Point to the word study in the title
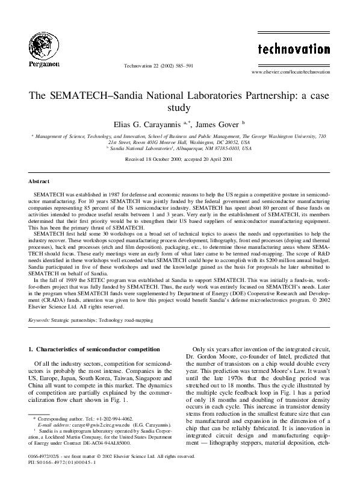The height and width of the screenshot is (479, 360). click(180, 108)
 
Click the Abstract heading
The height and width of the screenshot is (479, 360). click(39, 181)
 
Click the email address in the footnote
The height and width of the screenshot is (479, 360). click(94, 425)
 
